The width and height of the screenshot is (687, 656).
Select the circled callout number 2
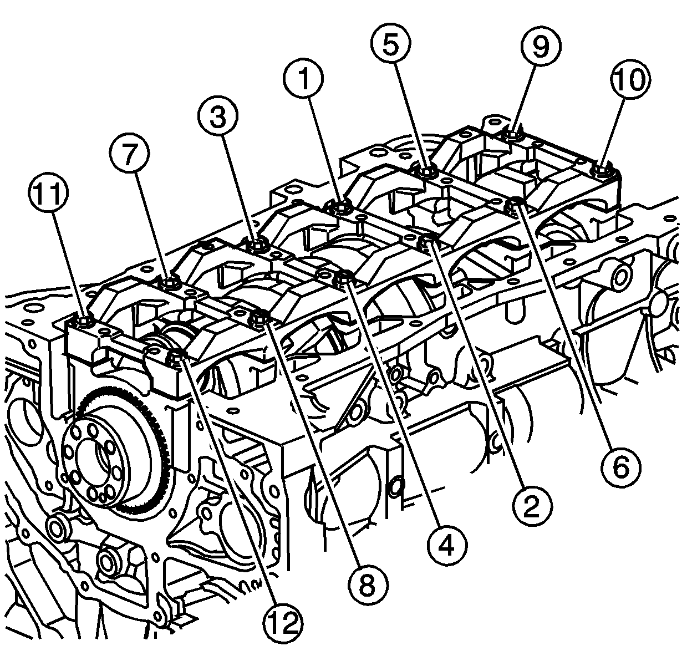(531, 507)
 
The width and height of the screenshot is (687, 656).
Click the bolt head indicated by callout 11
(85, 321)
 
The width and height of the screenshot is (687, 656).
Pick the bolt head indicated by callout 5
(426, 172)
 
